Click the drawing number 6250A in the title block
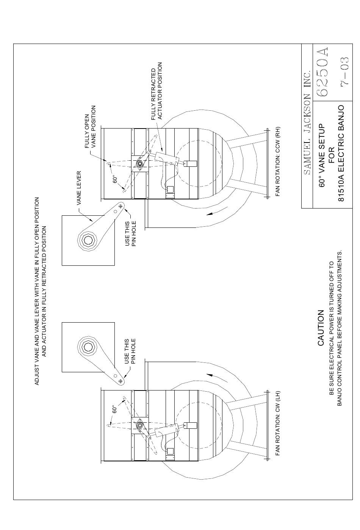pos(322,72)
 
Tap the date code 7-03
pos(345,71)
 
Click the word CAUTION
pos(321,328)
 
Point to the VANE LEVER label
pos(79,188)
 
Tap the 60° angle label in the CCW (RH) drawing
pos(115,179)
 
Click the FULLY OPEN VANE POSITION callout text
pos(90,127)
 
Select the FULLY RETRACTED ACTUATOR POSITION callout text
pos(157,91)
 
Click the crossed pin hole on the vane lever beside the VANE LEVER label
pos(121,206)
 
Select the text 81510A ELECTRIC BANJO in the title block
pos(341,154)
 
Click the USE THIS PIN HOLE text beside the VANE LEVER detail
pos(130,234)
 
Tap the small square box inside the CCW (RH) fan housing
pos(170,190)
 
